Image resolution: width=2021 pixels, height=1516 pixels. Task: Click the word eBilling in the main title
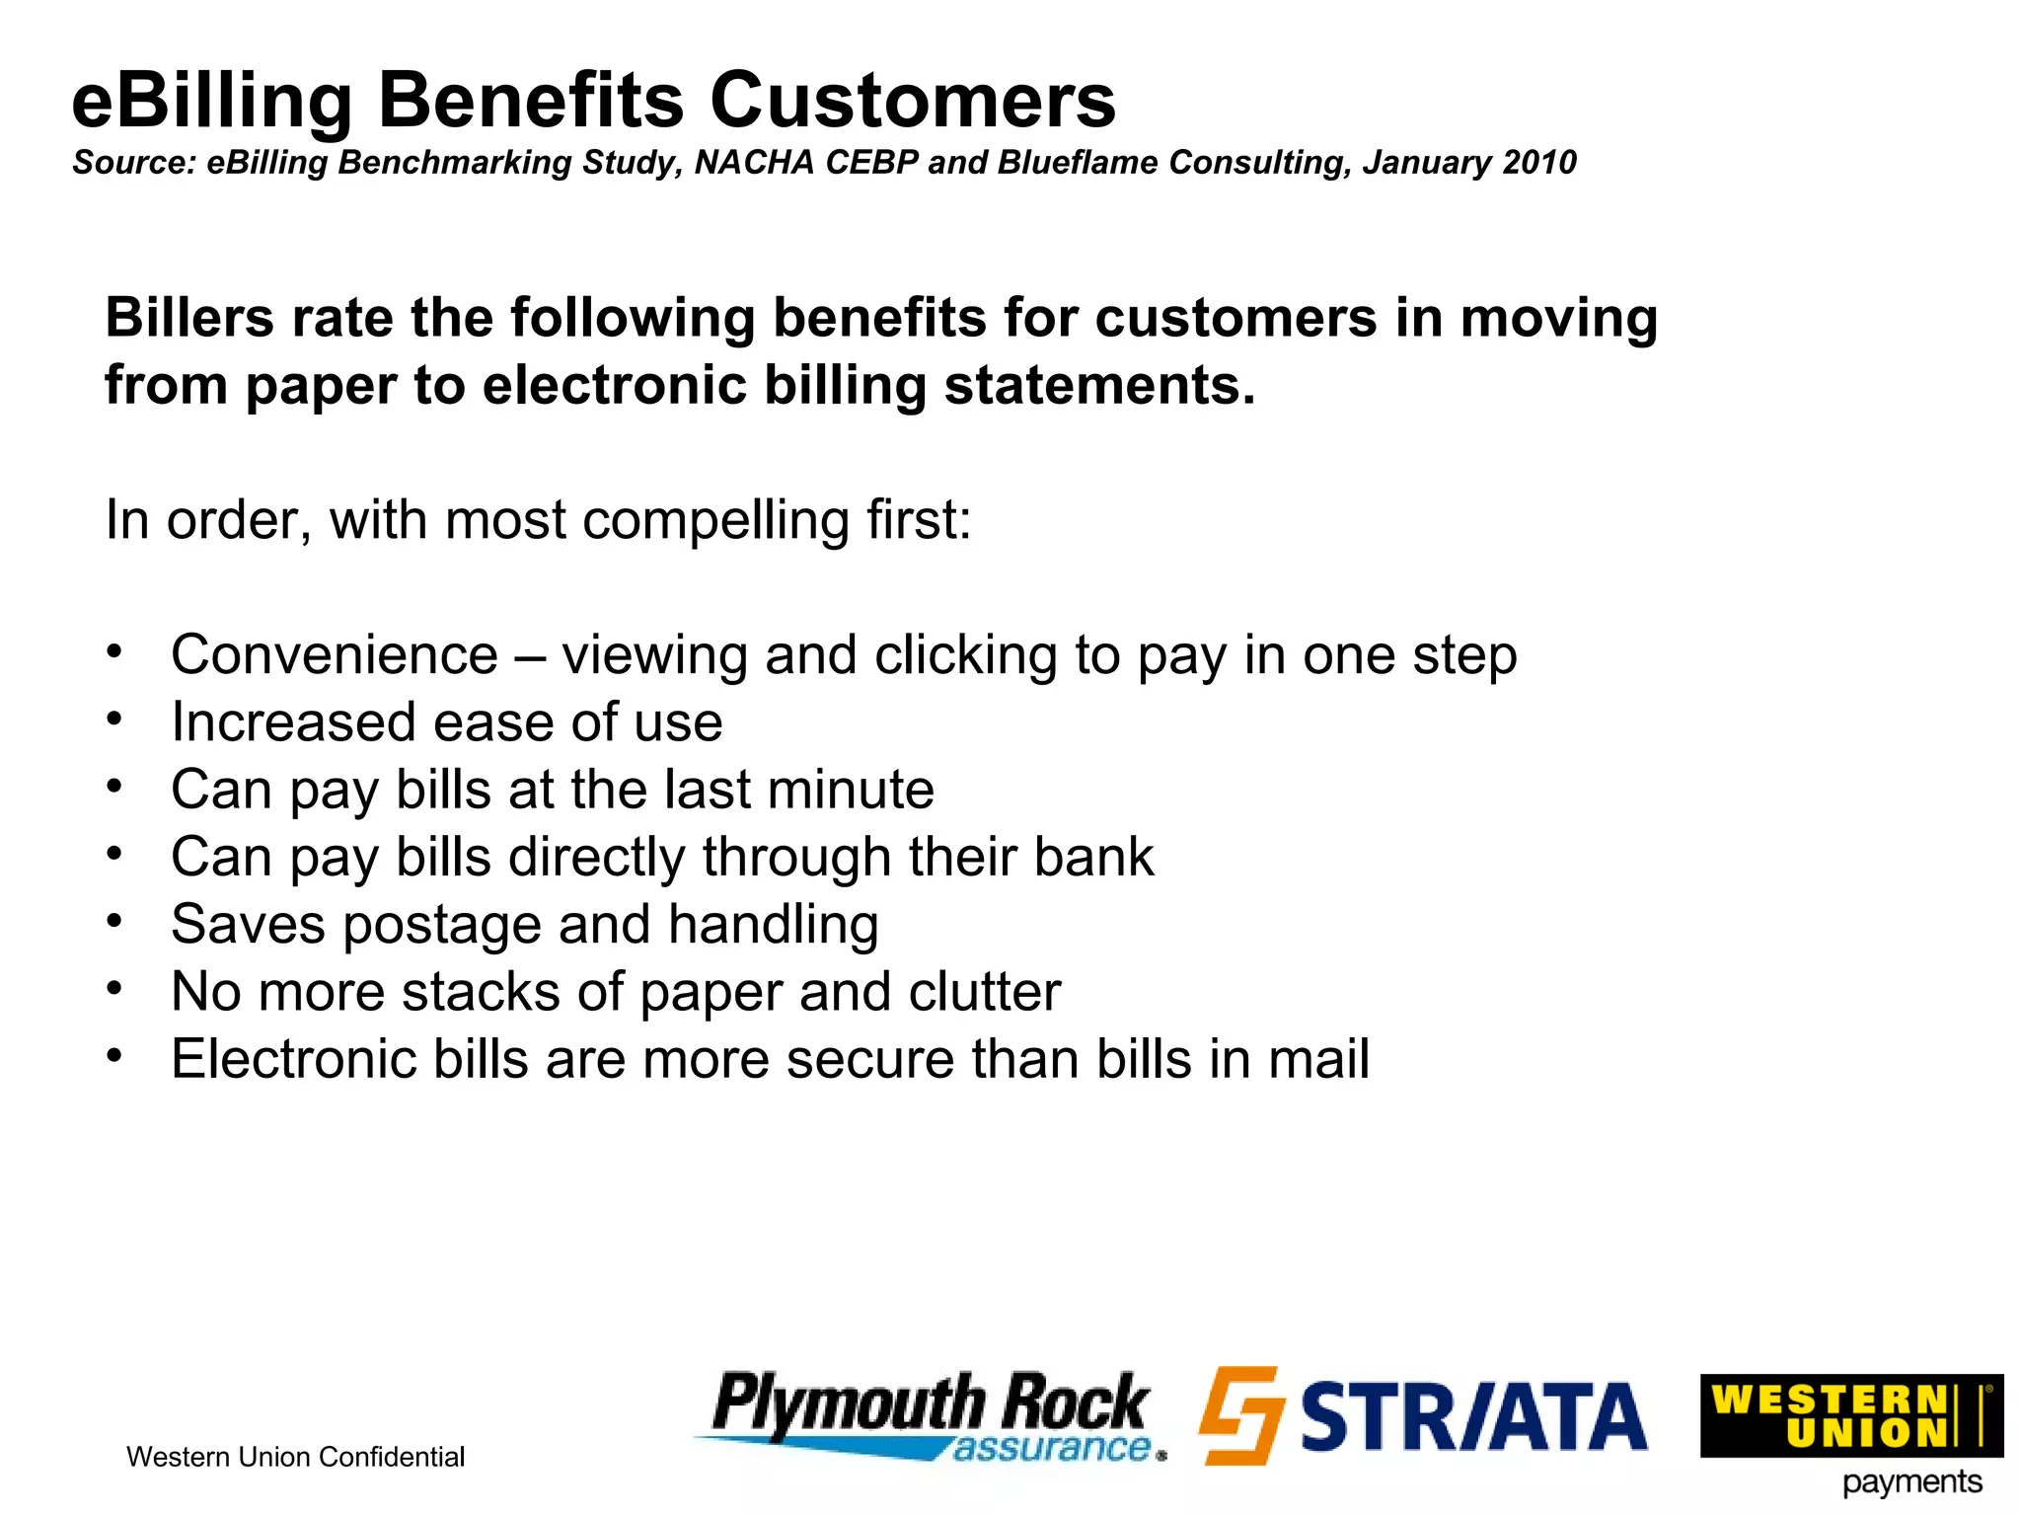[x=211, y=101]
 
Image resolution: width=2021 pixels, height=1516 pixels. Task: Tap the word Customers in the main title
[x=913, y=101]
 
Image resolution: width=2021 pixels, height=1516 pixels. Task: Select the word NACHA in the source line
[x=755, y=162]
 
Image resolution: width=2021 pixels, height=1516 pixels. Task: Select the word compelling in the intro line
[x=714, y=520]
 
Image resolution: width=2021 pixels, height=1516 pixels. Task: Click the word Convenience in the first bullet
[x=334, y=655]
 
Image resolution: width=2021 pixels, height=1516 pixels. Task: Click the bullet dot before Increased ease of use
[x=115, y=719]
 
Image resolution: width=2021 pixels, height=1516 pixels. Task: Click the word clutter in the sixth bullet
[x=984, y=992]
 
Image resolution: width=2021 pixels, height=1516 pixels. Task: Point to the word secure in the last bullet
[x=869, y=1059]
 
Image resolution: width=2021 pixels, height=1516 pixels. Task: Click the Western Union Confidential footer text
[x=295, y=1457]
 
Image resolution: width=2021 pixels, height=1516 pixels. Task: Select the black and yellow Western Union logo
[x=1850, y=1415]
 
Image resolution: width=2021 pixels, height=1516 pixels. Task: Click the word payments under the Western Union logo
[x=1911, y=1482]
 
